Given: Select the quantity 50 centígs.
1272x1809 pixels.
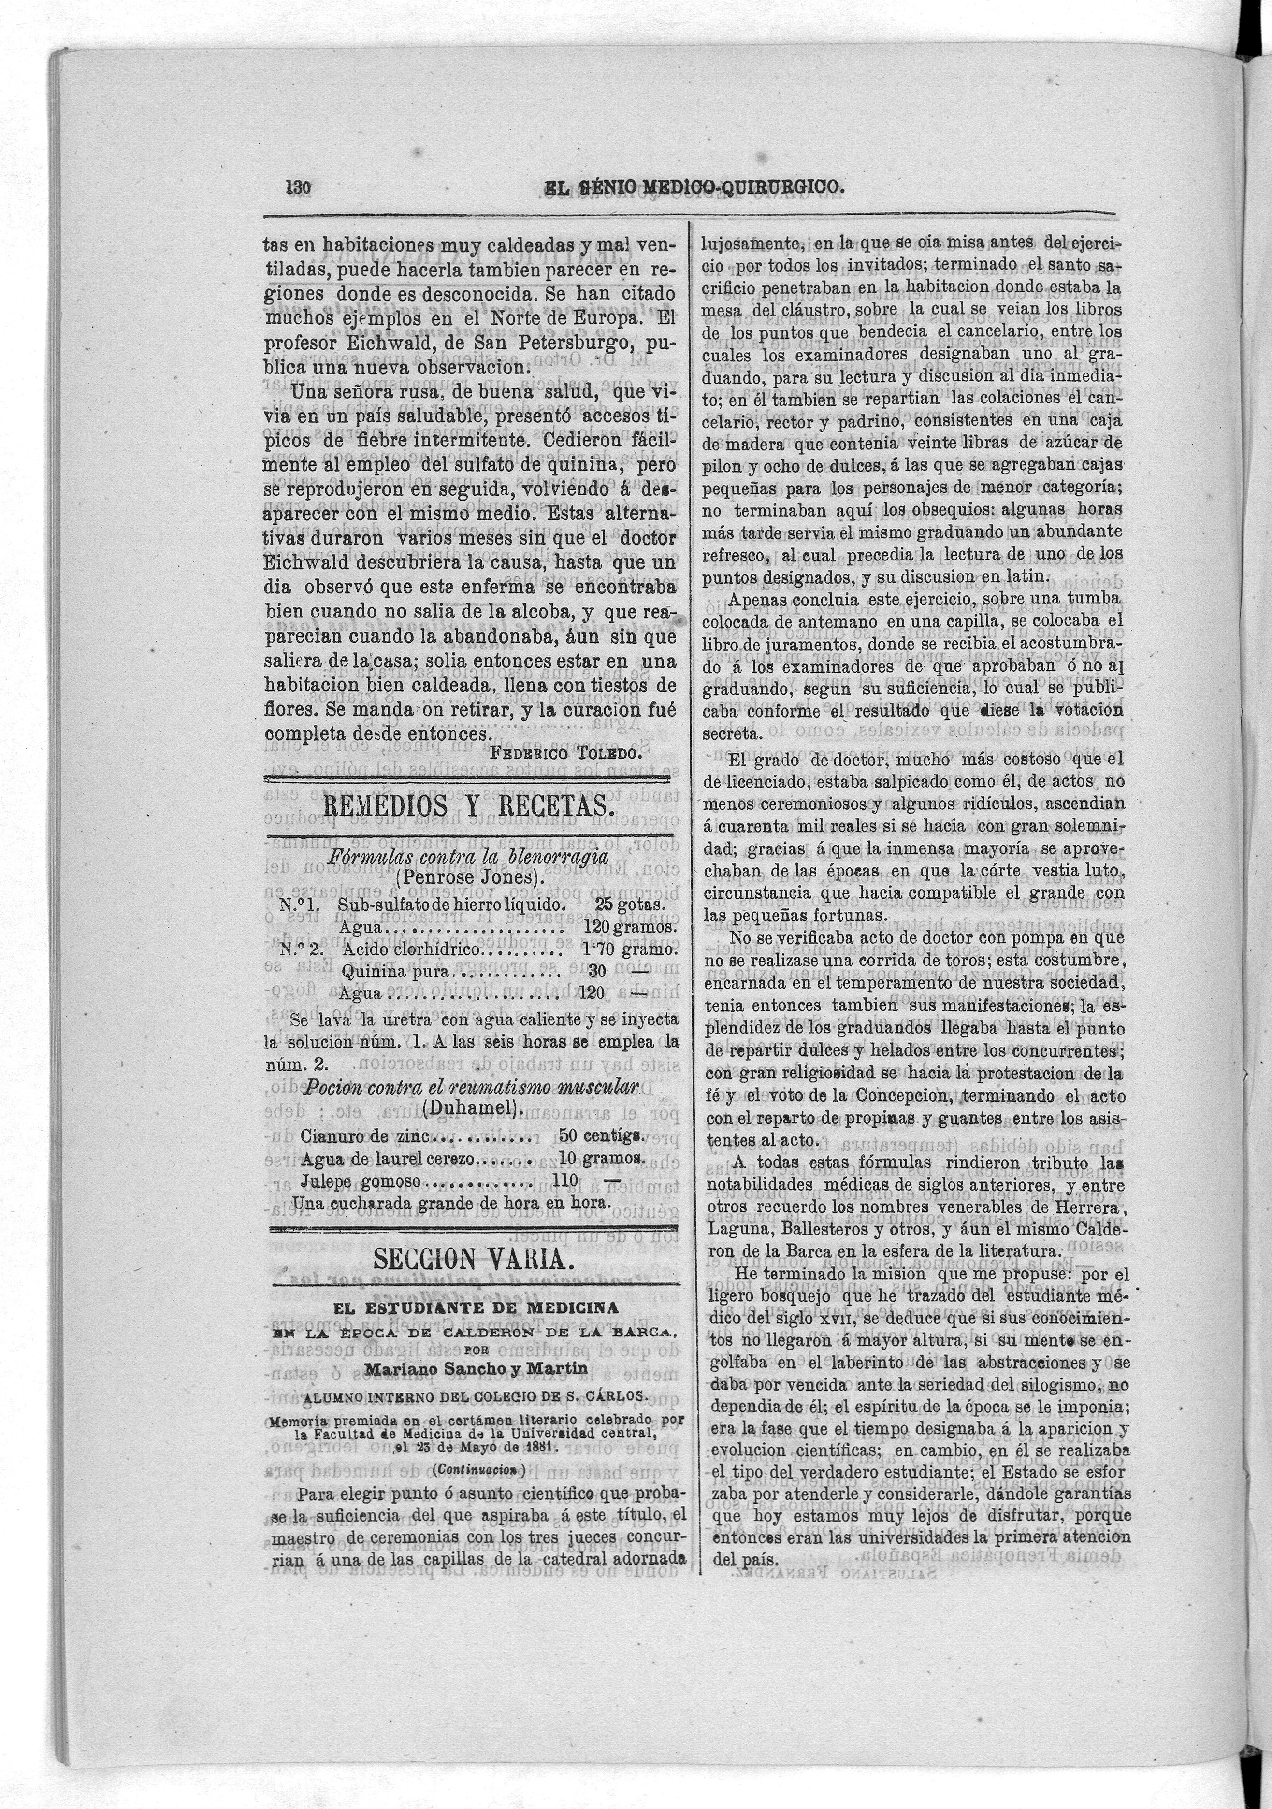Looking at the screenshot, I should click(x=601, y=1136).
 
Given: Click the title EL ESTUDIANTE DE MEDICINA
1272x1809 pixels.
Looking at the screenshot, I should click(x=476, y=1307).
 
